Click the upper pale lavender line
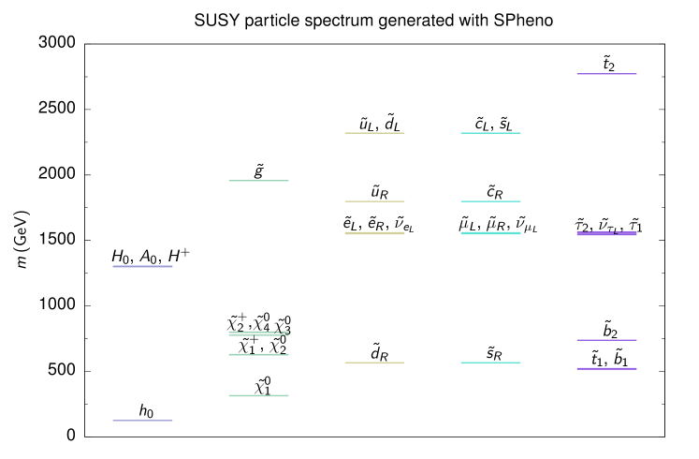pyautogui.click(x=142, y=267)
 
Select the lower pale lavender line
pyautogui.click(x=142, y=421)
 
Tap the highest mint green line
pyautogui.click(x=258, y=181)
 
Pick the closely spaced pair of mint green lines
pyautogui.click(x=258, y=333)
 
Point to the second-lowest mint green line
pyautogui.click(x=258, y=355)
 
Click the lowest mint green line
pyautogui.click(x=258, y=396)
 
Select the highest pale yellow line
pyautogui.click(x=374, y=133)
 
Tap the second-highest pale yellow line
pyautogui.click(x=374, y=201)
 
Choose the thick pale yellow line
pyautogui.click(x=374, y=233)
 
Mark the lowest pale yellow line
pyautogui.click(x=374, y=363)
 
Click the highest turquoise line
pyautogui.click(x=490, y=133)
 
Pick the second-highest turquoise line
pyautogui.click(x=490, y=201)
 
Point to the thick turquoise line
pyautogui.click(x=490, y=233)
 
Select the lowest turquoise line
pyautogui.click(x=490, y=363)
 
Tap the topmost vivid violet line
pyautogui.click(x=606, y=74)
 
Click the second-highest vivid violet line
pyautogui.click(x=606, y=233)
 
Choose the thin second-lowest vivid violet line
pyautogui.click(x=606, y=340)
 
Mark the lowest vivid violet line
pyautogui.click(x=606, y=369)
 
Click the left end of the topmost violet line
pyautogui.click(x=577, y=74)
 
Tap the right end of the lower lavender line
pyautogui.click(x=172, y=421)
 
